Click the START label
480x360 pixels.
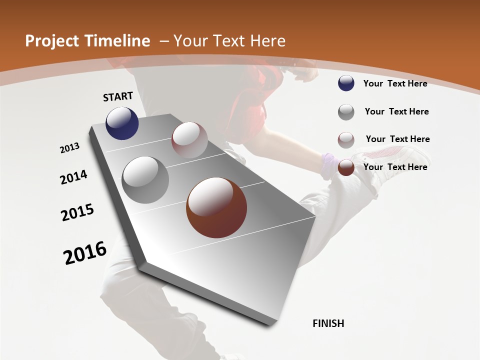tap(118, 96)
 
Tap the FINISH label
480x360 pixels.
tap(328, 323)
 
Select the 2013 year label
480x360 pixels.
tap(70, 148)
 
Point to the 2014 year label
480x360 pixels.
tap(74, 177)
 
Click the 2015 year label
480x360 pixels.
tap(77, 212)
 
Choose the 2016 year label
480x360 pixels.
tap(85, 253)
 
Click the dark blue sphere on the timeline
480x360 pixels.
tap(122, 123)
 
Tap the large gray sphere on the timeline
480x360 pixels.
tap(145, 179)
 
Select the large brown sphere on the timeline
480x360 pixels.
tap(216, 207)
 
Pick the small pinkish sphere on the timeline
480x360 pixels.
tap(189, 140)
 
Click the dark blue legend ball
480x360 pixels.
tap(346, 83)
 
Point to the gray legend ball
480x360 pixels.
tap(346, 112)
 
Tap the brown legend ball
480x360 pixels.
tap(346, 168)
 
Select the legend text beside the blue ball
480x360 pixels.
tap(395, 83)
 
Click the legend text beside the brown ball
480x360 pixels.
tap(395, 167)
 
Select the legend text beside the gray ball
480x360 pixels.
tap(396, 111)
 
